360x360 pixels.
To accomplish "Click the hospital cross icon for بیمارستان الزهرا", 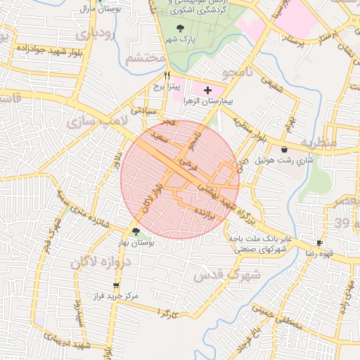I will tap(207, 91).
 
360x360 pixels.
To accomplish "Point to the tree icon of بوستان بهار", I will tap(136, 231).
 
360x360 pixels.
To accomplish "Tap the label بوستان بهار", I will tap(138, 242).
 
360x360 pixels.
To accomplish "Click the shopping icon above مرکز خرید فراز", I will tap(116, 285).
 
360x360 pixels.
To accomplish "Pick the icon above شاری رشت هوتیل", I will tap(284, 149).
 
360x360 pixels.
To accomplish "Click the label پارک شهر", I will tap(181, 39).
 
